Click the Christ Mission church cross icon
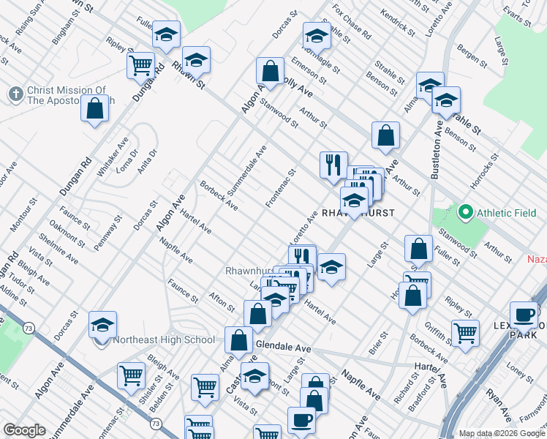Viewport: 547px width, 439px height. coord(15,94)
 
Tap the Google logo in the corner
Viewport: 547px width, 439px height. coord(24,430)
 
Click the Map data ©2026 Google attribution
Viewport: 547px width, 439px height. coord(502,433)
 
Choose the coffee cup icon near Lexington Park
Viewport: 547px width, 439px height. coord(524,315)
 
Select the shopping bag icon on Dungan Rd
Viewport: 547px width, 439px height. coord(95,110)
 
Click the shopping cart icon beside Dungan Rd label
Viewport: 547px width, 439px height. coord(140,64)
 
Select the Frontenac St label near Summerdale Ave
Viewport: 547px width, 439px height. coord(281,188)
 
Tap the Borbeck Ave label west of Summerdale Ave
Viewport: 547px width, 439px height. coord(219,195)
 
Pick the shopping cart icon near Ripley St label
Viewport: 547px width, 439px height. coord(465,333)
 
